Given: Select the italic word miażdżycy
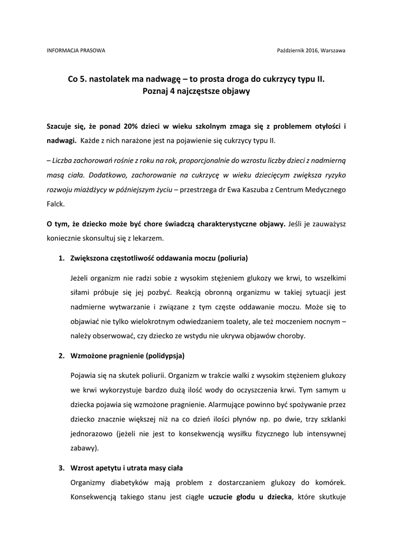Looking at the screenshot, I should [88, 192].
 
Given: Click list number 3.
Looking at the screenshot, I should [61, 467].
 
